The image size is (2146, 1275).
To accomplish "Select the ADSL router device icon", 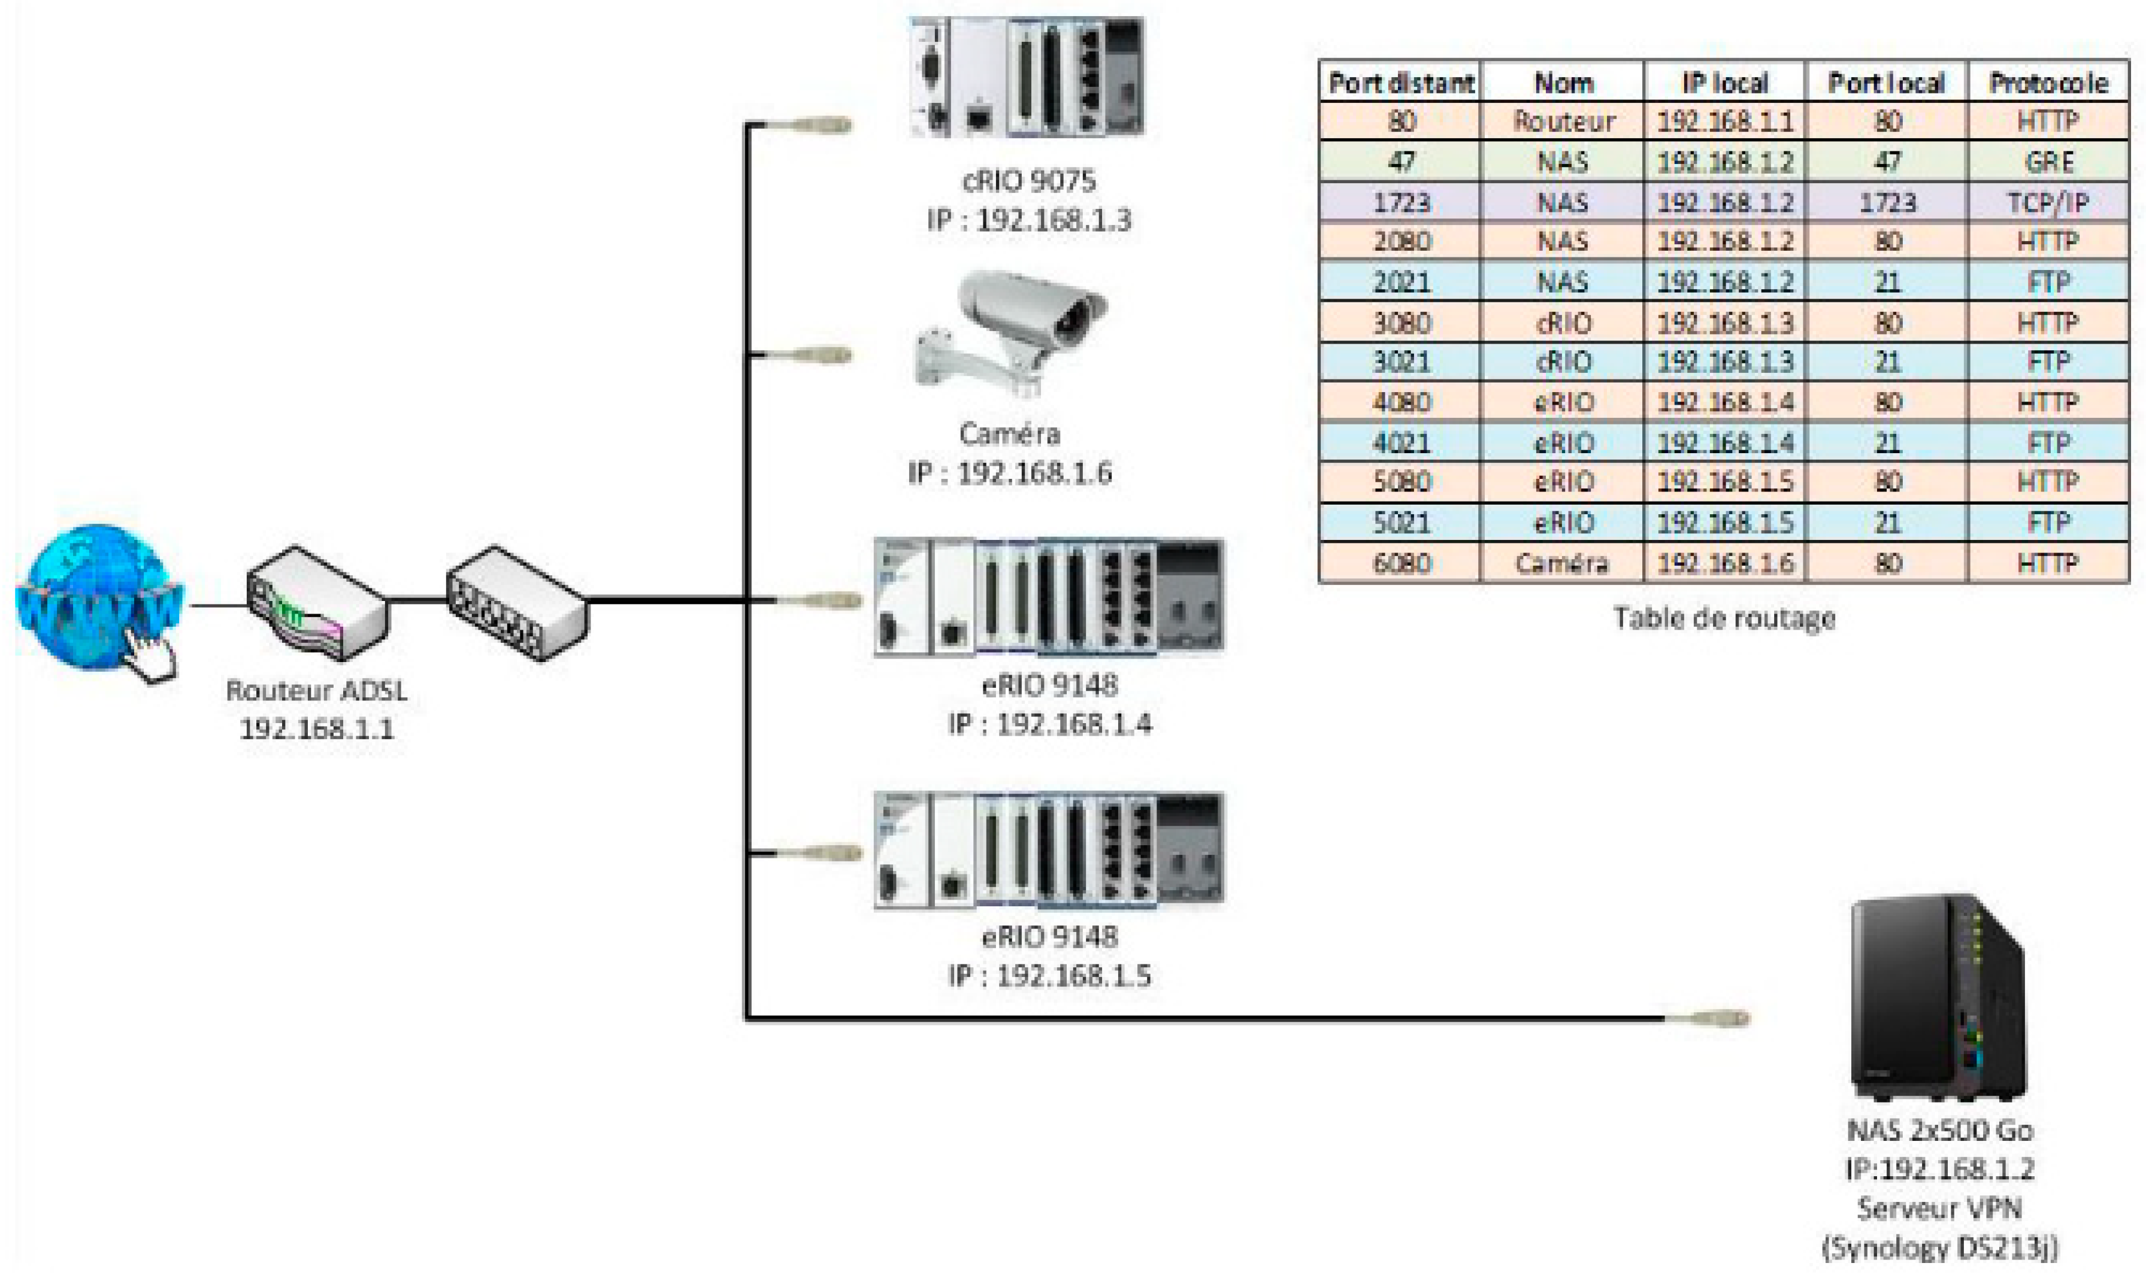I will click(316, 604).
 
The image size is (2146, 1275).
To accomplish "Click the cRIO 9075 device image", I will click(1027, 77).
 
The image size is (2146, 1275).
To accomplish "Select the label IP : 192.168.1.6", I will click(1010, 472).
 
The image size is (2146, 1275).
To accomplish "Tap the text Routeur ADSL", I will click(316, 691).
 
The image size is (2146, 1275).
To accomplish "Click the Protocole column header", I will click(2048, 83).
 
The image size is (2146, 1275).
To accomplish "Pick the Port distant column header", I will click(1401, 83).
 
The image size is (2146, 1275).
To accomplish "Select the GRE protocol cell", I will click(2048, 162).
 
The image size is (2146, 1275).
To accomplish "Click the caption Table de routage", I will click(1724, 618).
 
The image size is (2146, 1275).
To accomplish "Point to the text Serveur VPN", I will click(1939, 1208).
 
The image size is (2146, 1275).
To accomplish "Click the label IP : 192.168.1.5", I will click(1049, 976).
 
